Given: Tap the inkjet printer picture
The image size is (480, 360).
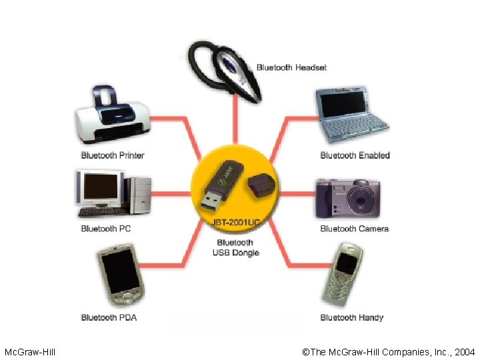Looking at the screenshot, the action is point(113,116).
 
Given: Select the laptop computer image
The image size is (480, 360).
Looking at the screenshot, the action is point(351,115).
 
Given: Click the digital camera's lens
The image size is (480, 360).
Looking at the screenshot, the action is point(361,201).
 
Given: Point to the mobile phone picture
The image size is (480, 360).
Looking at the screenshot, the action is point(343,275).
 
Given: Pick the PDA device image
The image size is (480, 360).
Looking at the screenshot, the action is point(121,275).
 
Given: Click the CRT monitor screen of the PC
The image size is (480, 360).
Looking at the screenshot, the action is point(101,186).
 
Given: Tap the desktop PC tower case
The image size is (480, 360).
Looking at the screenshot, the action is point(140,195).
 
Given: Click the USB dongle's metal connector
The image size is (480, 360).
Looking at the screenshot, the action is point(211,203).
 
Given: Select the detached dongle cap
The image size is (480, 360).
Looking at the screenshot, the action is point(261,186).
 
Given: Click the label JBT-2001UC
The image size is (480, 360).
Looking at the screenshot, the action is point(236,222).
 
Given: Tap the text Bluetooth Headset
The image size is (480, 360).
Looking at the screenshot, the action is point(292,67).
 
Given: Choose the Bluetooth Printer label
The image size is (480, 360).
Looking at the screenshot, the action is point(113,155).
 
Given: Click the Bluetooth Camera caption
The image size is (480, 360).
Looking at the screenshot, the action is point(355,229).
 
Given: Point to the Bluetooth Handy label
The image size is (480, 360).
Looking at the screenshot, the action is point(352,317).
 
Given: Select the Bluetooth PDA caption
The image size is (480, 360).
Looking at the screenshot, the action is point(109,317).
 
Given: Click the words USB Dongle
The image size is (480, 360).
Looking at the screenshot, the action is point(236,253).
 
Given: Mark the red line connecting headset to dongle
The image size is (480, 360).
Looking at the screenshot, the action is point(235,120).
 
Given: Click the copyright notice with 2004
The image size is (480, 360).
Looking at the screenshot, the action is point(388,352).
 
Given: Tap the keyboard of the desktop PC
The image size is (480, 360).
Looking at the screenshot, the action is point(103,212).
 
